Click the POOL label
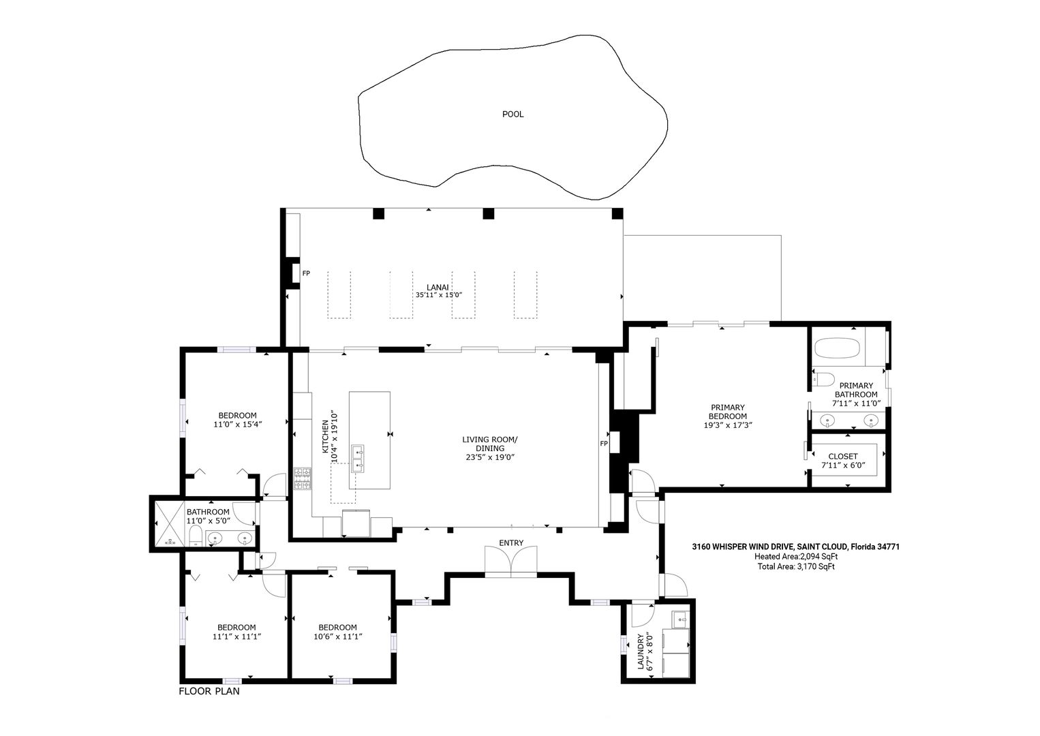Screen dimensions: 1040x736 tap(513, 114)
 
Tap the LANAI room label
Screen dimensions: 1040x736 tap(438, 288)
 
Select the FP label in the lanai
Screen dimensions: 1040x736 tap(306, 273)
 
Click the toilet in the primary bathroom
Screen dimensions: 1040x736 tap(823, 379)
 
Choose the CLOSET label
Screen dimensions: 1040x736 tap(842, 457)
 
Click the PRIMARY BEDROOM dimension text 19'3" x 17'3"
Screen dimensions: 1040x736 tap(728, 425)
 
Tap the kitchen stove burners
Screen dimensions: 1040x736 tap(303, 479)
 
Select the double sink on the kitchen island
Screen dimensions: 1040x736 tap(358, 459)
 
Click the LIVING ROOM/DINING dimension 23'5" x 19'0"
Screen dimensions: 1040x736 tap(490, 457)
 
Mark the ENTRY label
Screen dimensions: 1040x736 tap(511, 543)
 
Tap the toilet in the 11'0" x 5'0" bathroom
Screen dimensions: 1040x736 tap(196, 536)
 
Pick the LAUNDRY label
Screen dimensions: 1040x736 tap(641, 651)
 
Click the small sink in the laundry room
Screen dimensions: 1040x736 tap(680, 619)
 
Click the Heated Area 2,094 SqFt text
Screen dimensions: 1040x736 tap(796, 556)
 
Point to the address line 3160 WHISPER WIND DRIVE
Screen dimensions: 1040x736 tap(743, 547)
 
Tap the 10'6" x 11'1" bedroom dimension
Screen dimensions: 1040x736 tap(337, 637)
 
